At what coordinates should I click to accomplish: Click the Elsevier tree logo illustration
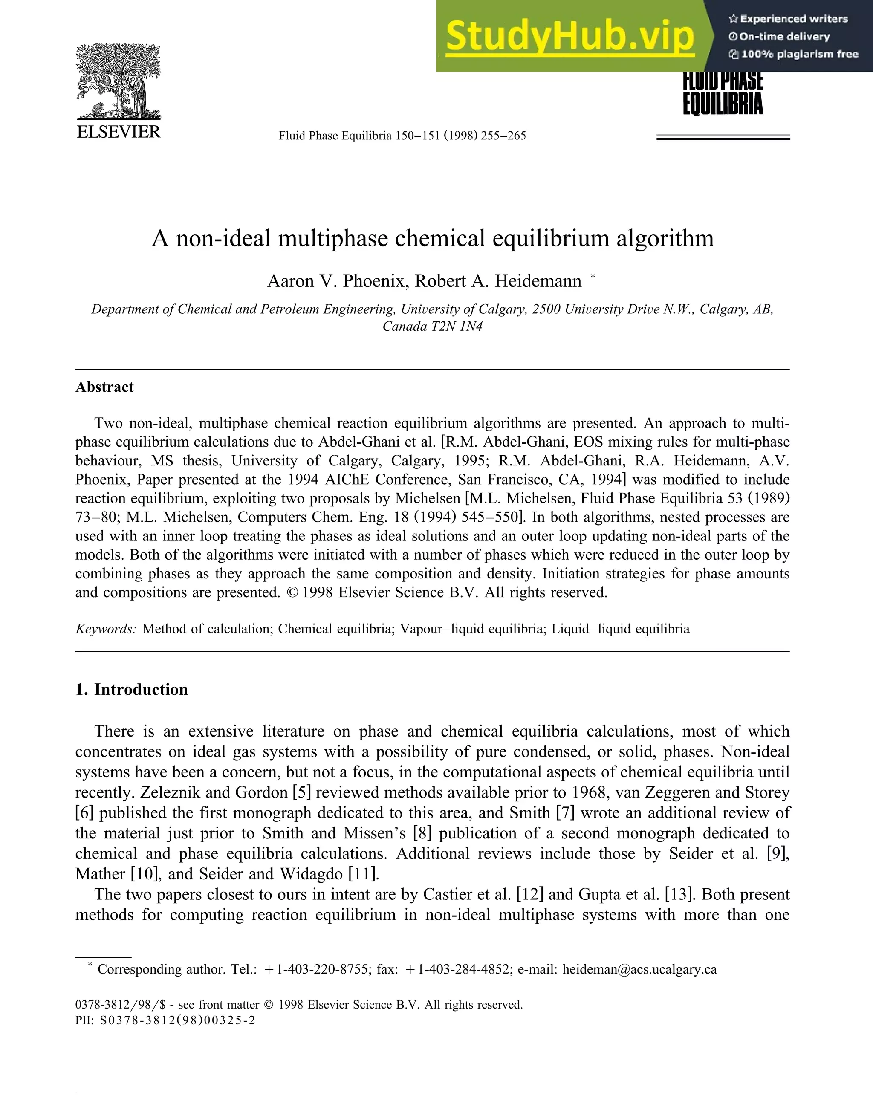[118, 82]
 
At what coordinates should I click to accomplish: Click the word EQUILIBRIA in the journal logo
[723, 103]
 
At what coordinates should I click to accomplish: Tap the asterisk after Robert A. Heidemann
[593, 277]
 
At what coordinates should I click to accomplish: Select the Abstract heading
[104, 387]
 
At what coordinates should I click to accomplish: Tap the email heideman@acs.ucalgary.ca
[639, 969]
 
